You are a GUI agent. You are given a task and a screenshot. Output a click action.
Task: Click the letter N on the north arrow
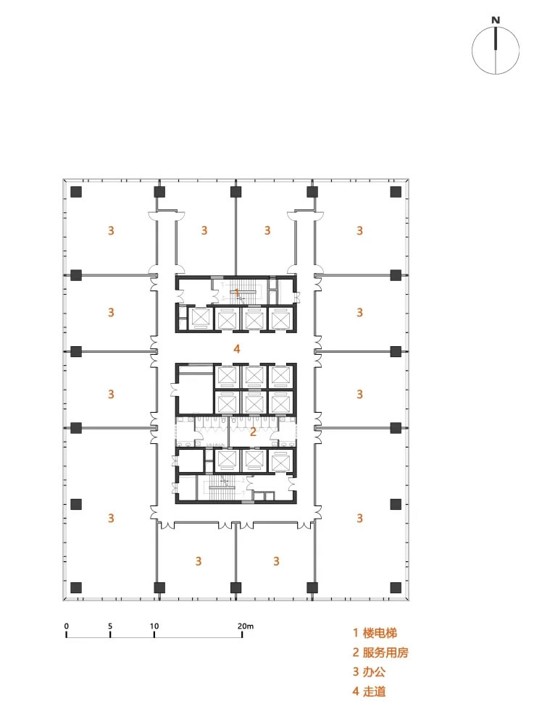(496, 20)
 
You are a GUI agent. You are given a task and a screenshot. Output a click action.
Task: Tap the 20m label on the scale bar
(245, 626)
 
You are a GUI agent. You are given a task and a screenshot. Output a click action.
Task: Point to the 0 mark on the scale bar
(67, 626)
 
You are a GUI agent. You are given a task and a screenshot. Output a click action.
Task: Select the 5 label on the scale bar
(110, 626)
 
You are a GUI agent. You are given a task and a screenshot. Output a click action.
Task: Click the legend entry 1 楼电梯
(375, 632)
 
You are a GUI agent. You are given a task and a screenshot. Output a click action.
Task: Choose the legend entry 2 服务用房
(380, 652)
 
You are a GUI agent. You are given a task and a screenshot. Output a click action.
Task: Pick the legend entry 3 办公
(369, 671)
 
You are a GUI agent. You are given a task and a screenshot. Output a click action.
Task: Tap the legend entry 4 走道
(369, 691)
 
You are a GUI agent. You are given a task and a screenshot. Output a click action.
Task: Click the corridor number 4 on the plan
(236, 348)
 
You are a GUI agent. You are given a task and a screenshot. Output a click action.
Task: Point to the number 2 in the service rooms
(253, 432)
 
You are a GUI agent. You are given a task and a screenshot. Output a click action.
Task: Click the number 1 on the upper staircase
(237, 292)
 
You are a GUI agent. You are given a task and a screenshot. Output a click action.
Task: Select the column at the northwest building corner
(76, 192)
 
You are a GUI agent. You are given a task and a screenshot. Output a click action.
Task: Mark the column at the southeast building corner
(396, 587)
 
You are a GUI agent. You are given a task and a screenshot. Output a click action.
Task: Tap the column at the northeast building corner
(396, 192)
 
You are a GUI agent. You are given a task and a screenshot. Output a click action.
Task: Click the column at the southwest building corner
(76, 587)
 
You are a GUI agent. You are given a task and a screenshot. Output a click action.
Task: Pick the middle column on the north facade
(235, 192)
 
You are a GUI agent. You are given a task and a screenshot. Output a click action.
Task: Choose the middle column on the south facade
(235, 587)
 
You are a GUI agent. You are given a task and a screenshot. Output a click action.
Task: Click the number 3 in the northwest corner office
(111, 230)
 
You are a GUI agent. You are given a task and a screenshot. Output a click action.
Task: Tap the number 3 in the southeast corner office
(359, 518)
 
